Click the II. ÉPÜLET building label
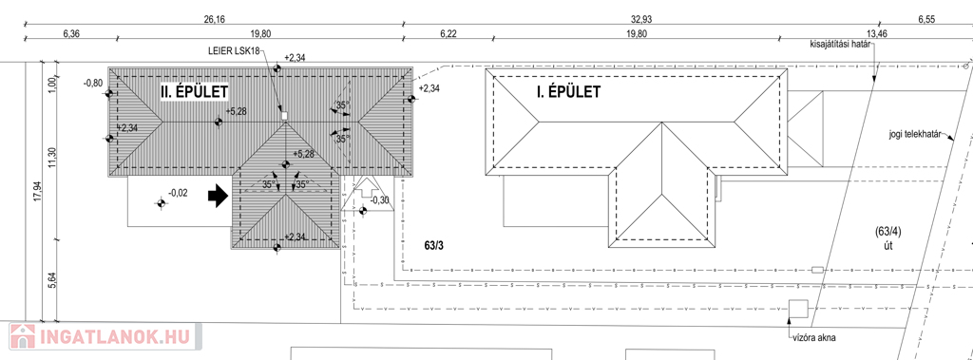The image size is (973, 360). click(194, 92)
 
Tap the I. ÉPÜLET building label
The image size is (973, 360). click(568, 92)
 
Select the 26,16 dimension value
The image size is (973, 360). click(214, 20)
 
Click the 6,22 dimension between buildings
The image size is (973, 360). click(448, 34)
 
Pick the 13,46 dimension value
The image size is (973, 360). click(877, 34)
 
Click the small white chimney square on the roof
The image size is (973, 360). click(285, 116)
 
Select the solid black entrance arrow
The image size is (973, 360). click(218, 198)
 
